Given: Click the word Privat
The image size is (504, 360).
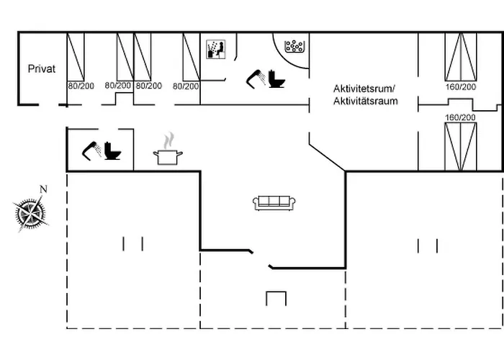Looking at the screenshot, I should pyautogui.click(x=42, y=69).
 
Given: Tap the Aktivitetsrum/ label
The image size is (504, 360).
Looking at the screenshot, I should pyautogui.click(x=364, y=89).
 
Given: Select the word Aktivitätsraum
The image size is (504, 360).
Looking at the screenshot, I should pyautogui.click(x=365, y=102).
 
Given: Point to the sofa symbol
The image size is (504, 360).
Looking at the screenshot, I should pyautogui.click(x=275, y=202).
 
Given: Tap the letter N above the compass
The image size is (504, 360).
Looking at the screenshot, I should pyautogui.click(x=43, y=190).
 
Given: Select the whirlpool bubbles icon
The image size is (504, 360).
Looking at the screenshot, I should pyautogui.click(x=295, y=47).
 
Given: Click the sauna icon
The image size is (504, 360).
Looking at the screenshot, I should pyautogui.click(x=216, y=49).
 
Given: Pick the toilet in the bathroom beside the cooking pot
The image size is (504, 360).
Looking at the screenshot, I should pyautogui.click(x=112, y=151).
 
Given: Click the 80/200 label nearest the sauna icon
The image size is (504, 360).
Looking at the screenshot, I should pyautogui.click(x=186, y=86).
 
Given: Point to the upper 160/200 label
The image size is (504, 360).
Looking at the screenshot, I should pyautogui.click(x=461, y=87).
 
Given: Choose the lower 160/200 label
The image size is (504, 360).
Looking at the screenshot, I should pyautogui.click(x=461, y=117).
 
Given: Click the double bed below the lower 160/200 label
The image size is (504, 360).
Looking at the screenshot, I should pyautogui.click(x=461, y=146).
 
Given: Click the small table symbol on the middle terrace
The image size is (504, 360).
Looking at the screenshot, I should pyautogui.click(x=276, y=297).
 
